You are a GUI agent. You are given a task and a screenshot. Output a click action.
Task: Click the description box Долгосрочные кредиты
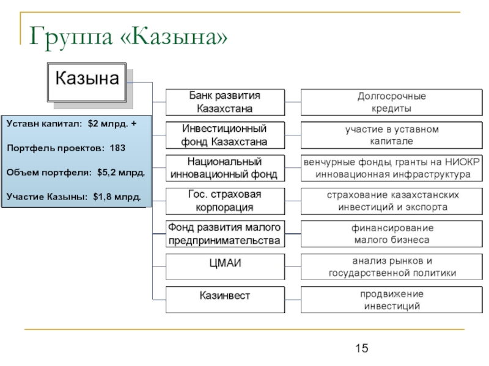tap(392, 102)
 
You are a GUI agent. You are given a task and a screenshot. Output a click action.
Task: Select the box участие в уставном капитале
tap(392, 135)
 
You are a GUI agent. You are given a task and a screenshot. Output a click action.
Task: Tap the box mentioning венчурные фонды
tap(392, 168)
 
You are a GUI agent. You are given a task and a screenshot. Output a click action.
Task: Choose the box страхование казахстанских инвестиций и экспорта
tap(392, 201)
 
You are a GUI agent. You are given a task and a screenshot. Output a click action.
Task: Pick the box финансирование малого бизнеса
tap(392, 234)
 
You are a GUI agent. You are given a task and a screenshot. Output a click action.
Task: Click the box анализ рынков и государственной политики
tap(392, 267)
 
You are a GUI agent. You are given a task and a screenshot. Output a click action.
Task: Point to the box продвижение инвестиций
tap(392, 300)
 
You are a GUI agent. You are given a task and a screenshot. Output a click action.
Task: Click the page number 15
tap(361, 348)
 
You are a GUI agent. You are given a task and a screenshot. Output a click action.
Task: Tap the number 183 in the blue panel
tap(118, 148)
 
